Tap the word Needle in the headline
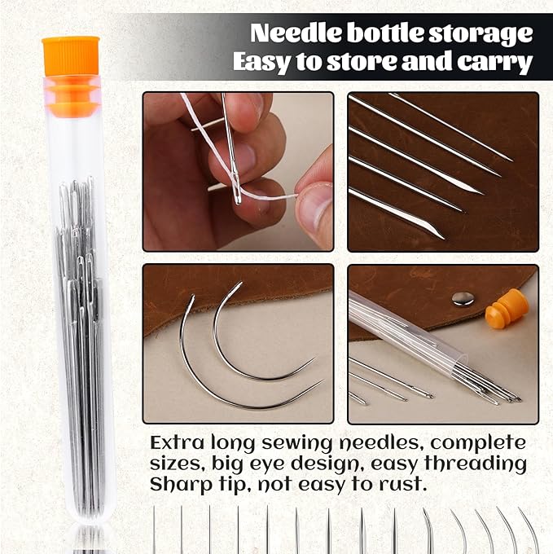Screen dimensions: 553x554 pos(296,33)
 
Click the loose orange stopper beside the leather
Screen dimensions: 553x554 pos(507,309)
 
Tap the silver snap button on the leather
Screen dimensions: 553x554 pos(463,299)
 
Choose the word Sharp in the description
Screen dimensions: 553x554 pos(181,485)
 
